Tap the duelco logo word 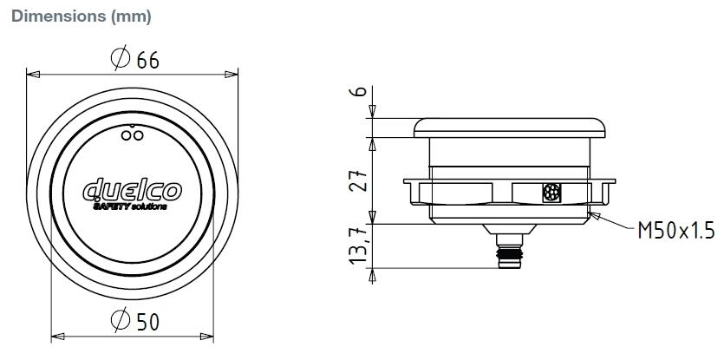coord(132,189)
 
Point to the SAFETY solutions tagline coord(129,206)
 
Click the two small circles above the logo coord(132,134)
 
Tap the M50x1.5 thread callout coord(675,230)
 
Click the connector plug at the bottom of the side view coord(509,253)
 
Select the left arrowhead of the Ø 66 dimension coord(33,75)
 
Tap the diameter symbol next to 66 coord(121,59)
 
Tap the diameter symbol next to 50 coord(121,322)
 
